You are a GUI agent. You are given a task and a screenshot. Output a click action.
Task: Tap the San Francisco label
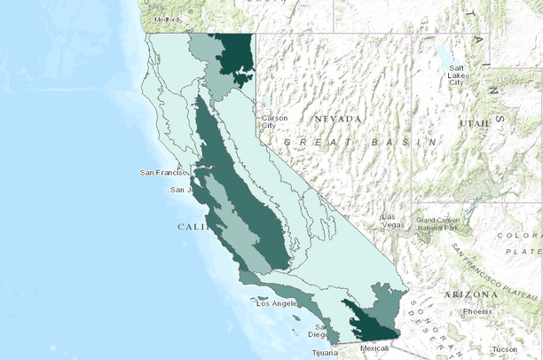pos(166,172)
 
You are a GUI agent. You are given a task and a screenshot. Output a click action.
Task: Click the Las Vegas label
pos(391,221)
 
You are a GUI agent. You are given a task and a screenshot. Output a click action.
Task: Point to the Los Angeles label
pos(279,303)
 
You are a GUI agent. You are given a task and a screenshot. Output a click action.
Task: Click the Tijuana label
pos(325,353)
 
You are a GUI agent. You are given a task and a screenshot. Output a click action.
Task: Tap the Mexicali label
pos(374,348)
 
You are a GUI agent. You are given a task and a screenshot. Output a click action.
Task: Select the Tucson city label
pos(504,348)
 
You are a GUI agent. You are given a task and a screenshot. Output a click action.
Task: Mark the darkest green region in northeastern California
pos(236,53)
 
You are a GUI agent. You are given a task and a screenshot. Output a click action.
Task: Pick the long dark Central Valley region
pos(248,195)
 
